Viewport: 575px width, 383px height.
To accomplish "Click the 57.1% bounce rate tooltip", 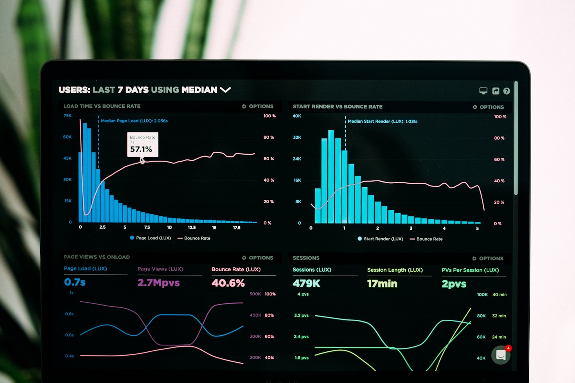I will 142,145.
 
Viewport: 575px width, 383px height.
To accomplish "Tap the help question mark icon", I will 507,91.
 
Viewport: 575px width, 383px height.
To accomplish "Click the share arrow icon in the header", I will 496,91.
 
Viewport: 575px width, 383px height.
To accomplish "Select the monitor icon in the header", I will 483,91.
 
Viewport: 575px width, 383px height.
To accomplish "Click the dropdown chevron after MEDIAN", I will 225,90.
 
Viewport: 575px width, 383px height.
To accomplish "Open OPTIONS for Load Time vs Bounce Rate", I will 258,106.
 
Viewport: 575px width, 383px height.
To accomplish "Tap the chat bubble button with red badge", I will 501,355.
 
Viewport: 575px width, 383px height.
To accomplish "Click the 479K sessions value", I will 306,284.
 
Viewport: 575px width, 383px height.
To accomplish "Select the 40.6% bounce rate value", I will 228,283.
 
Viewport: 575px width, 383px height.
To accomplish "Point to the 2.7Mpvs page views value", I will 158,283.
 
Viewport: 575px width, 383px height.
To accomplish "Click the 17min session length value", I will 382,284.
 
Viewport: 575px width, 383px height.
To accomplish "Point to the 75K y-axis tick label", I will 68,116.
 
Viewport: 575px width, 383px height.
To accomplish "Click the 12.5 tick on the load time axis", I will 192,227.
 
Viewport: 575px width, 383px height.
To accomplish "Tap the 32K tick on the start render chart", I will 297,138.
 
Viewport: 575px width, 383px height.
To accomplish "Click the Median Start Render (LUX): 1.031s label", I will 383,122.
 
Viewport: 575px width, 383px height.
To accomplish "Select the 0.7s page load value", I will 75,282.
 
